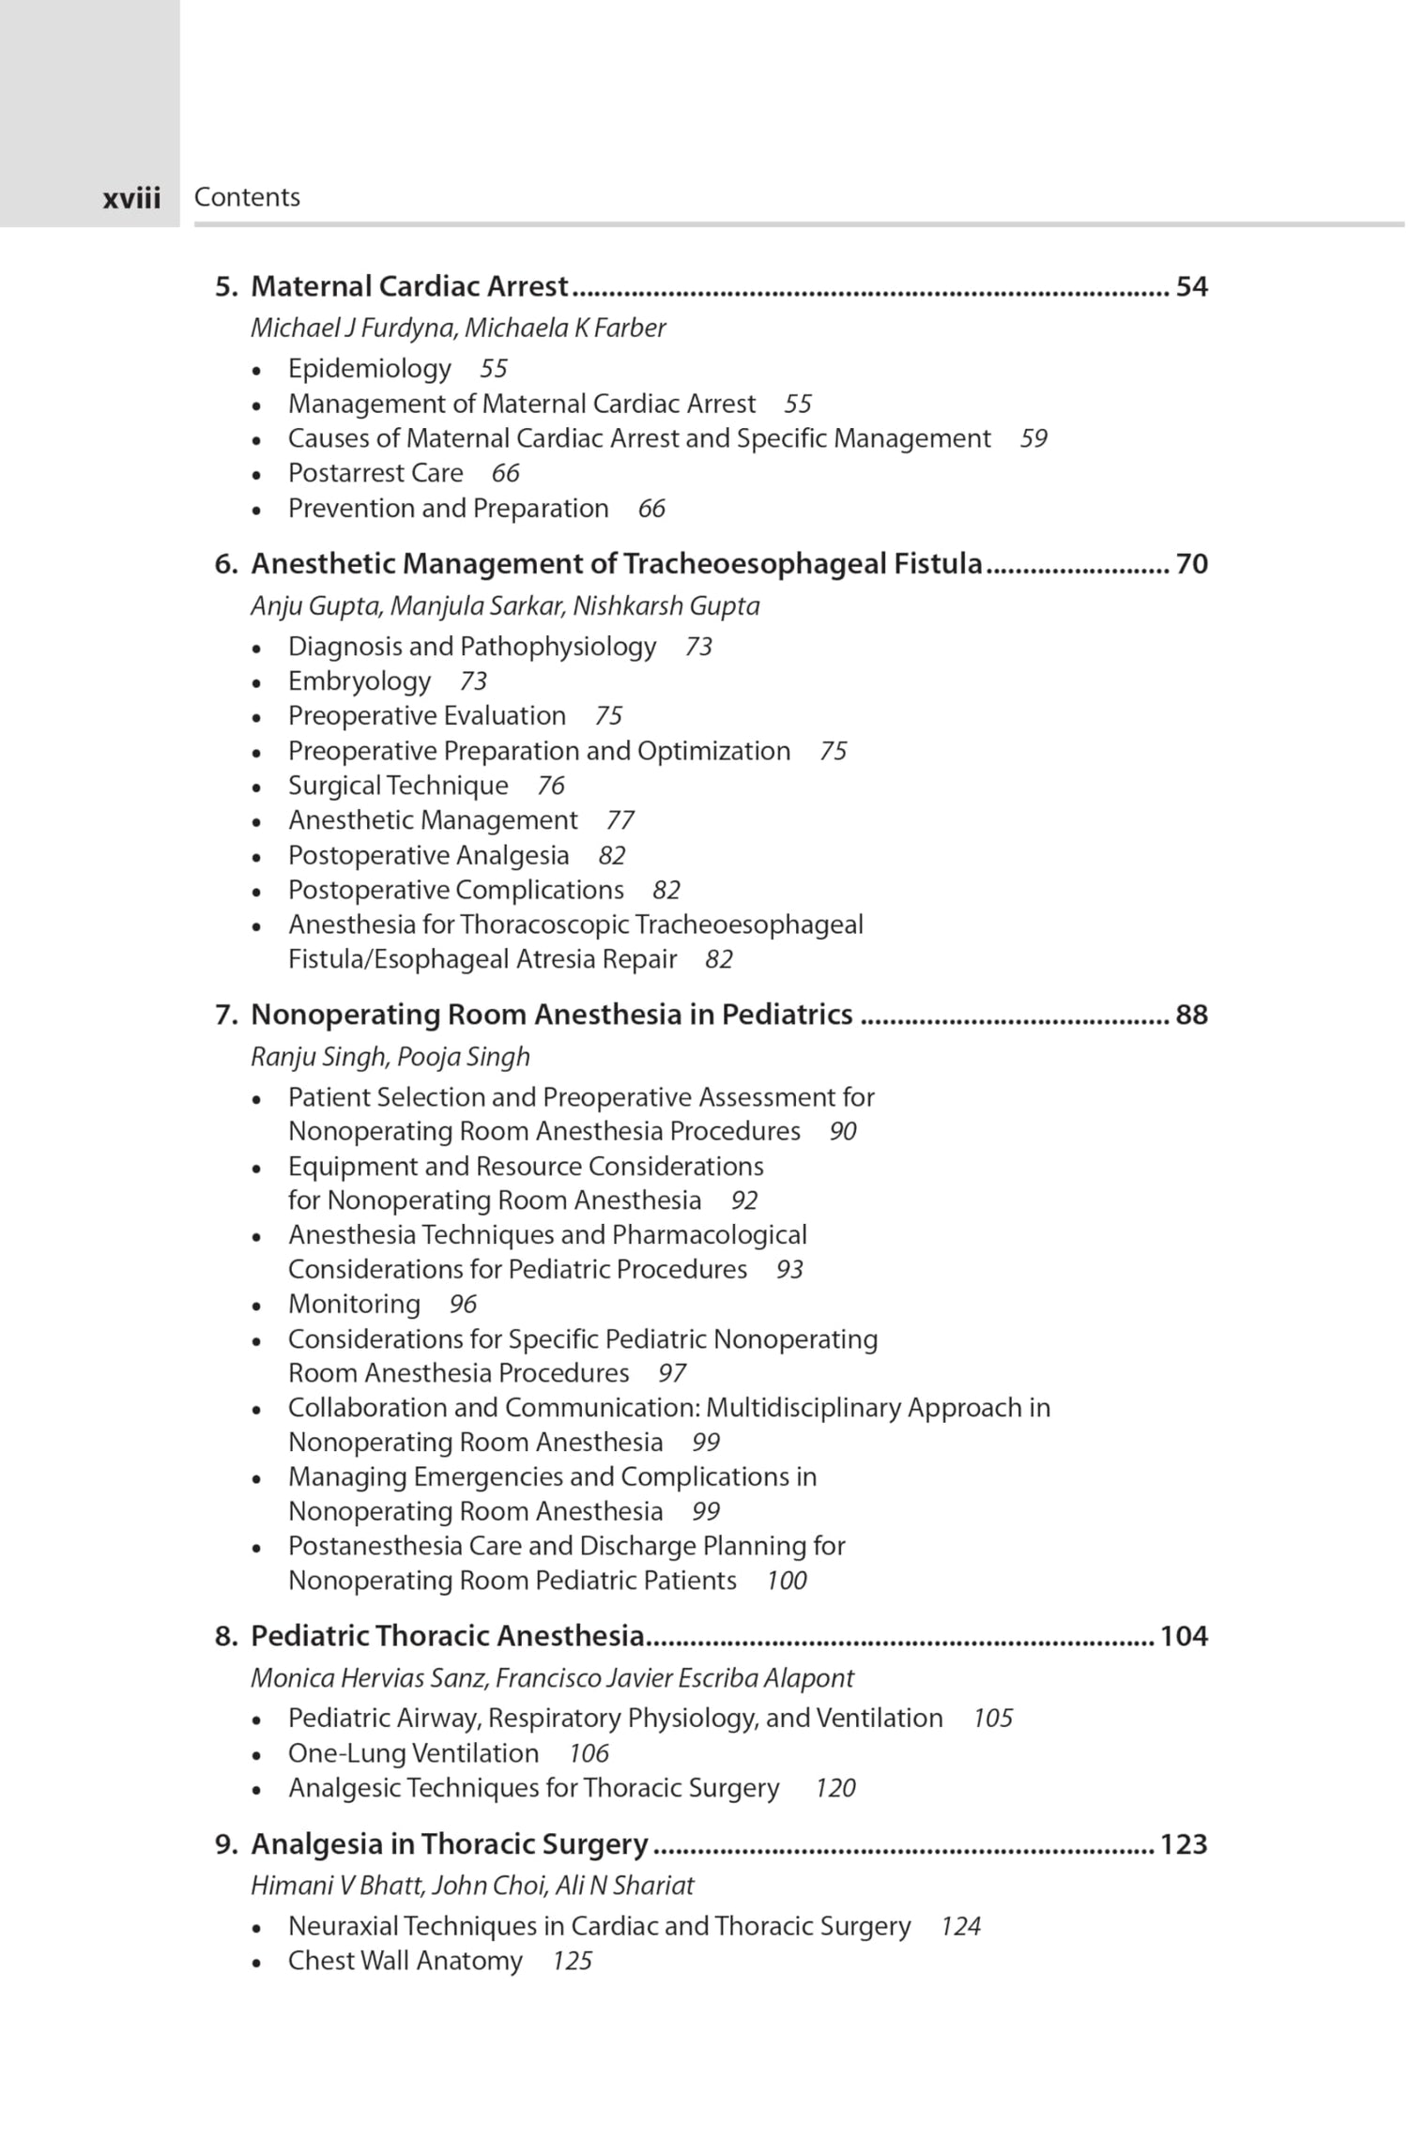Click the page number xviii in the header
pyautogui.click(x=131, y=198)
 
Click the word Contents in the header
pyautogui.click(x=247, y=197)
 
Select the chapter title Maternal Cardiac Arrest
pyautogui.click(x=409, y=286)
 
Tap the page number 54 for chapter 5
pyautogui.click(x=1191, y=286)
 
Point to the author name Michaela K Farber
pyautogui.click(x=565, y=328)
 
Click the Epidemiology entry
pyautogui.click(x=369, y=368)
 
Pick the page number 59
pyautogui.click(x=1033, y=438)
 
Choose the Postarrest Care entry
pyautogui.click(x=375, y=473)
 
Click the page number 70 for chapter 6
pyautogui.click(x=1191, y=564)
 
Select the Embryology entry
pyautogui.click(x=360, y=681)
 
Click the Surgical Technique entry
pyautogui.click(x=398, y=786)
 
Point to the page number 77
pyautogui.click(x=620, y=820)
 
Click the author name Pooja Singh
pyautogui.click(x=463, y=1057)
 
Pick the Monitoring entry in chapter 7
pyautogui.click(x=354, y=1304)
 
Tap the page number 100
pyautogui.click(x=786, y=1581)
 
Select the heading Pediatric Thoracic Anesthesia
pyautogui.click(x=447, y=1636)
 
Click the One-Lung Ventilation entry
pyautogui.click(x=413, y=1753)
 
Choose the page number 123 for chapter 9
pyautogui.click(x=1183, y=1844)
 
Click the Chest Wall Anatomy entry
pyautogui.click(x=405, y=1961)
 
